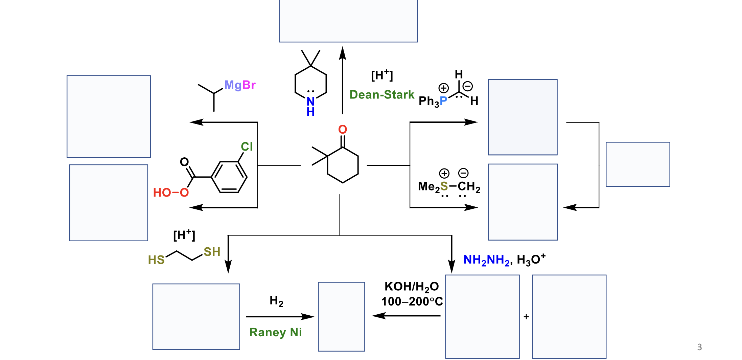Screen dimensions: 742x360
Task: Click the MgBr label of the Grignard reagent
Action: pyautogui.click(x=240, y=85)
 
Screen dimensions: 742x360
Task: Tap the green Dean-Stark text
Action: pyautogui.click(x=382, y=95)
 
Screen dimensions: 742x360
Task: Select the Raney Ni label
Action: pyautogui.click(x=276, y=333)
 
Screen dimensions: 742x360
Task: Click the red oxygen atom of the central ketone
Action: pyautogui.click(x=343, y=129)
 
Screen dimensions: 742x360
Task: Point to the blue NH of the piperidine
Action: pyautogui.click(x=310, y=106)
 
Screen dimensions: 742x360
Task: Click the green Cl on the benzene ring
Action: pyautogui.click(x=247, y=147)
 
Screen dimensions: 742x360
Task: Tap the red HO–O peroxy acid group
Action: pyautogui.click(x=171, y=193)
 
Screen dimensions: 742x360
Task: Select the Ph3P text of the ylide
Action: pyautogui.click(x=433, y=101)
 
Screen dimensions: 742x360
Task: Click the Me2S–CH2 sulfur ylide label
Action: pyautogui.click(x=449, y=186)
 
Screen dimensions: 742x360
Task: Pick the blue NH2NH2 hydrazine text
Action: pyautogui.click(x=486, y=260)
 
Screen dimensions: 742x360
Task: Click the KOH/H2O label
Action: pyautogui.click(x=412, y=287)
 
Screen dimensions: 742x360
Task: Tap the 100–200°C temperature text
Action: pyautogui.click(x=412, y=301)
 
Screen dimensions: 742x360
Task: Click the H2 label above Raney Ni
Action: pyautogui.click(x=276, y=301)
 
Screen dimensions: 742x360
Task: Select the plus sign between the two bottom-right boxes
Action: pyautogui.click(x=526, y=317)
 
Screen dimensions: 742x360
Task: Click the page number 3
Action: pyautogui.click(x=699, y=347)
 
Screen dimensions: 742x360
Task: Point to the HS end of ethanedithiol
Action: pyautogui.click(x=156, y=260)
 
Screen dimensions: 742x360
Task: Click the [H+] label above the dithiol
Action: pyautogui.click(x=184, y=235)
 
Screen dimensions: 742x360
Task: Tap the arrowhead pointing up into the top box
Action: pyautogui.click(x=343, y=53)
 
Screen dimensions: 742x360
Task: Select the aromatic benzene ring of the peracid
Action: pyautogui.click(x=229, y=177)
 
